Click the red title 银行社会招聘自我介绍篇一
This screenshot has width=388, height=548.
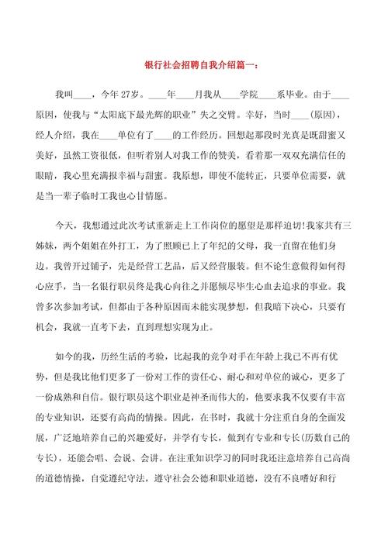click(x=194, y=65)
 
